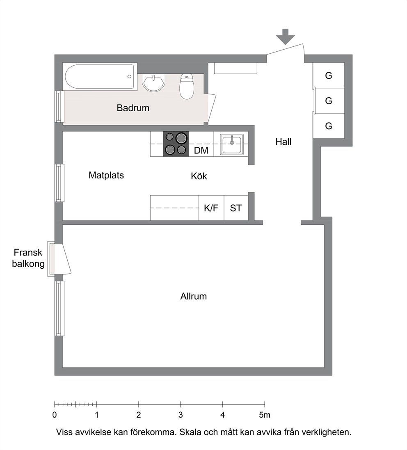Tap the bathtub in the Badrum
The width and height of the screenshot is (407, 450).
point(99,77)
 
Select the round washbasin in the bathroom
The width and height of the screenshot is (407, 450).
point(154,82)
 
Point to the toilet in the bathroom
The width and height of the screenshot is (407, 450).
point(187,87)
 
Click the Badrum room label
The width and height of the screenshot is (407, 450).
point(133,108)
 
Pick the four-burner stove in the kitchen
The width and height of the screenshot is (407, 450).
point(176,144)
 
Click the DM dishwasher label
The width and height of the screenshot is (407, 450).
point(201,151)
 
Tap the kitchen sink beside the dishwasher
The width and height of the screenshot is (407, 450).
point(232,144)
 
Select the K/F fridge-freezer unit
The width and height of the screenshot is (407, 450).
point(211,208)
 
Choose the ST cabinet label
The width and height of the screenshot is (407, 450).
point(236,208)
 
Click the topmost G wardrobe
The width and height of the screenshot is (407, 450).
point(329,75)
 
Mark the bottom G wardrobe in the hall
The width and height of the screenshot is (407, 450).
point(329,126)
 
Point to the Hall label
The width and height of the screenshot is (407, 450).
point(283,142)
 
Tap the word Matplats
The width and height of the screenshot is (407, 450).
point(106,175)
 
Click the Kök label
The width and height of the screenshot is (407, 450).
point(199,176)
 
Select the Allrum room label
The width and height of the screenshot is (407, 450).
point(194,296)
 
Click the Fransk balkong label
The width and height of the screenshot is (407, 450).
point(28,258)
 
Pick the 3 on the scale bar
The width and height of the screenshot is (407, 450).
point(181,415)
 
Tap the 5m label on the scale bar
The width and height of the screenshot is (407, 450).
point(265,415)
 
